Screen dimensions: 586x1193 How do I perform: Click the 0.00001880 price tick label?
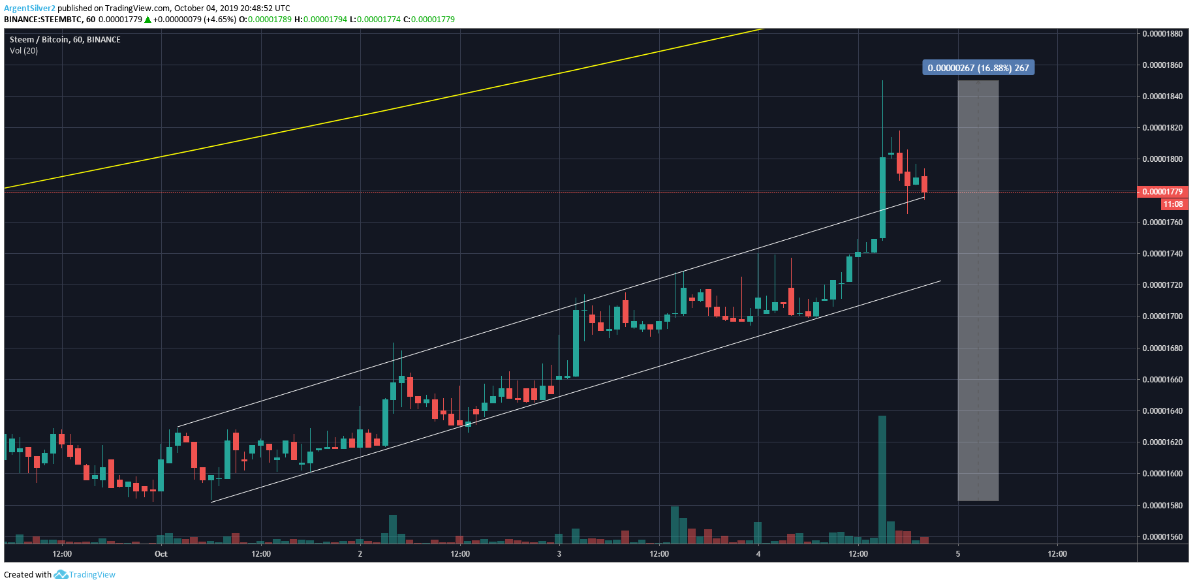(x=1162, y=34)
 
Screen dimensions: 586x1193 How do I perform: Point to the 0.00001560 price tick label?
(x=1162, y=537)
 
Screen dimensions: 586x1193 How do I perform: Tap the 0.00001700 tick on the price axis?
(x=1162, y=316)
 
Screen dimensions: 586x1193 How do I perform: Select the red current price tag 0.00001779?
(x=1162, y=192)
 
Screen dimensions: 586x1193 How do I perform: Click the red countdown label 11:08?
(x=1173, y=204)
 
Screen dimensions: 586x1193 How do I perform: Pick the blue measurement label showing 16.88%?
(x=978, y=68)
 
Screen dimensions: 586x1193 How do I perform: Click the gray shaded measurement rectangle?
(x=978, y=290)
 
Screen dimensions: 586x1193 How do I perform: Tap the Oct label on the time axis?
(x=161, y=554)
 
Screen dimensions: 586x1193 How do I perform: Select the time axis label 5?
(x=958, y=554)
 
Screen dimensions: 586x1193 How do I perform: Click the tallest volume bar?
(x=882, y=480)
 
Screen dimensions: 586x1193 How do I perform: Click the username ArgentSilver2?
(x=29, y=8)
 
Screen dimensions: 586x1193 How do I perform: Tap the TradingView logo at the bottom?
(x=85, y=575)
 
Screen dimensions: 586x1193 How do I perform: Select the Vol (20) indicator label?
(x=23, y=51)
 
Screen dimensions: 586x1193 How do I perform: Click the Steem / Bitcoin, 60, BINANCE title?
(x=65, y=40)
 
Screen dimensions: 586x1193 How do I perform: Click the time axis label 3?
(x=559, y=554)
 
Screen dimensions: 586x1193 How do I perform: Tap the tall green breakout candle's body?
(x=882, y=198)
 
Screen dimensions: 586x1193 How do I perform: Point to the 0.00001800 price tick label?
(x=1162, y=159)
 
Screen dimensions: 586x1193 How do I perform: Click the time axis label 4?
(x=758, y=554)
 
